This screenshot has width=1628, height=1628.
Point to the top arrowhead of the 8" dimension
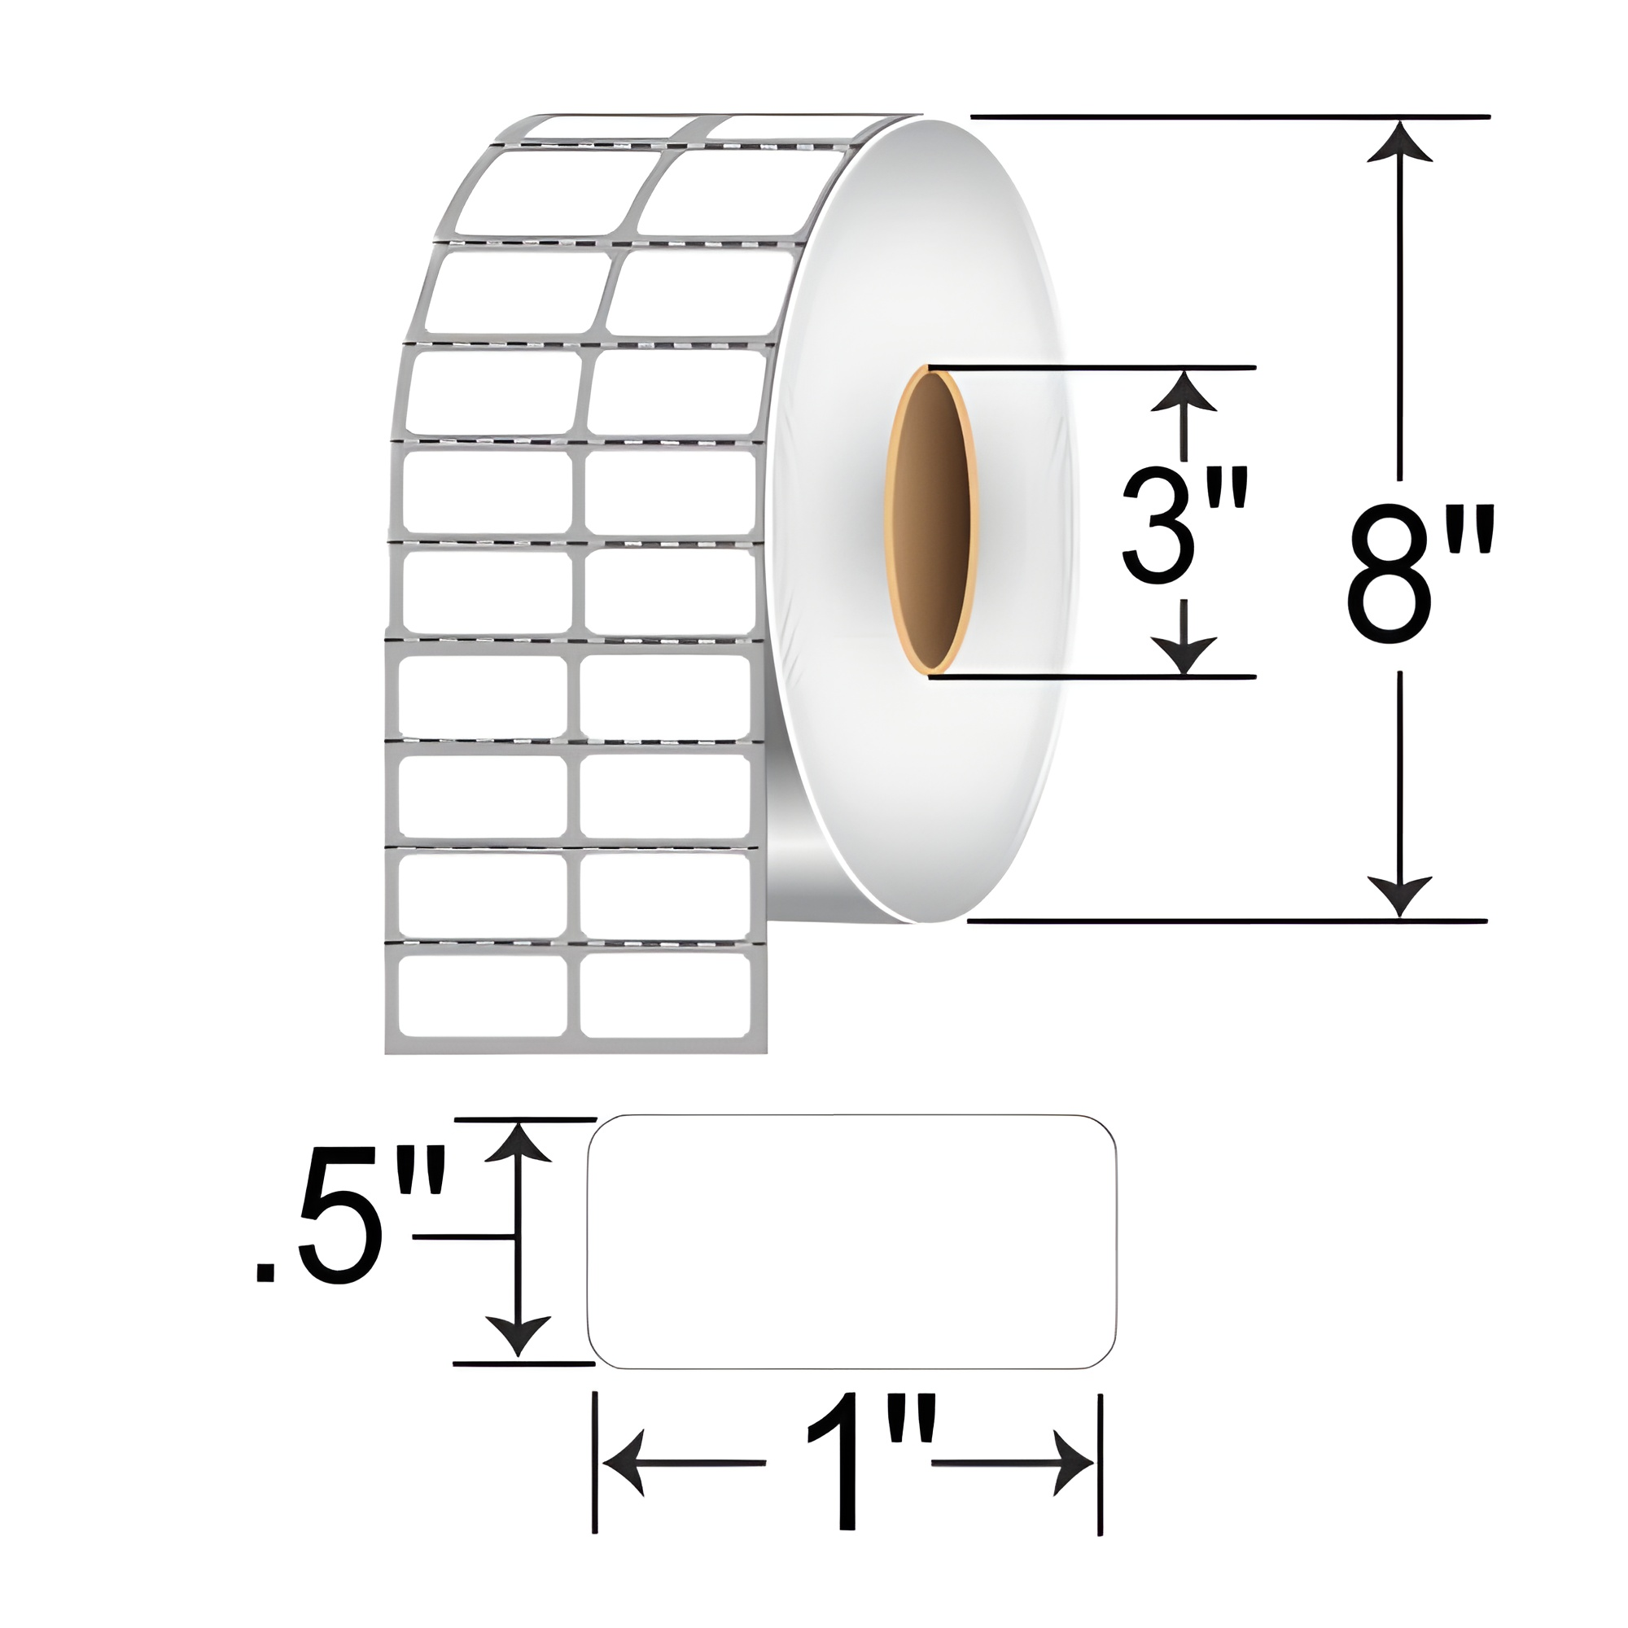(x=1400, y=143)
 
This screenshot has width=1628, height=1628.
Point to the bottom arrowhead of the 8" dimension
(x=1400, y=895)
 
